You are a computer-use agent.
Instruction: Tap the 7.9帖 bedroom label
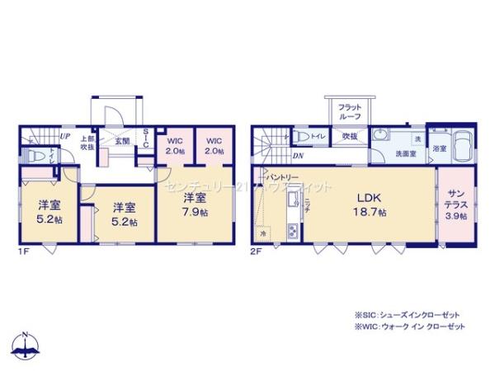pos(195,204)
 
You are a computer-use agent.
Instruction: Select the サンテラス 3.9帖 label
pos(455,204)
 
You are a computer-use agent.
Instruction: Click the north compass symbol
pos(26,345)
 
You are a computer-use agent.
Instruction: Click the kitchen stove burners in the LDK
pos(291,232)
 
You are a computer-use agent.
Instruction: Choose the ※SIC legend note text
pos(406,315)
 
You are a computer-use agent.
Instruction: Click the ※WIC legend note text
pos(409,326)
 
